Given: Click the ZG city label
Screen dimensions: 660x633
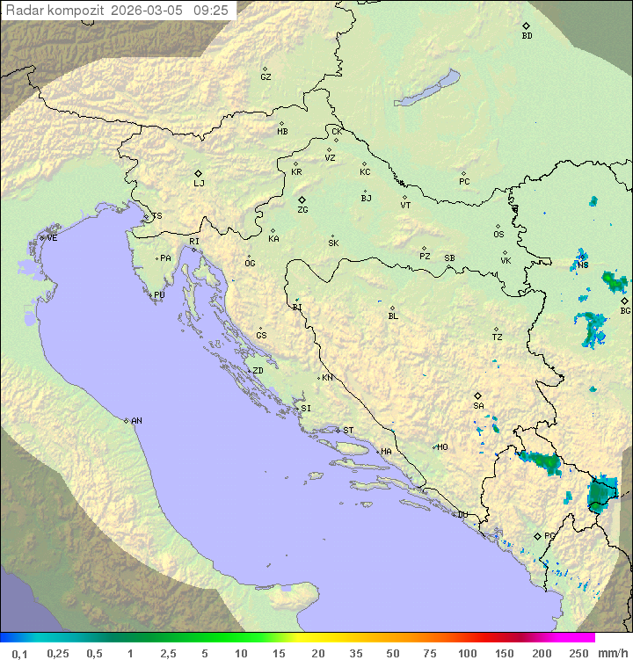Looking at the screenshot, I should [x=302, y=210].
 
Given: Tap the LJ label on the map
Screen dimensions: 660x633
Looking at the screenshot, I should [x=199, y=183].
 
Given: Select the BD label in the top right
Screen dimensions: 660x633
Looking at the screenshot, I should [x=527, y=36].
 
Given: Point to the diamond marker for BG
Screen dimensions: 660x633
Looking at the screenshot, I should [x=624, y=301].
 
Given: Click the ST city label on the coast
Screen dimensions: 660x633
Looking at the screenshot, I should [x=348, y=431].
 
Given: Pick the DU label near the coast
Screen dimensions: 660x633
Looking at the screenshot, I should [x=462, y=515].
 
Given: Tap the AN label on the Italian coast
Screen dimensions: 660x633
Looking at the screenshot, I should [x=136, y=421].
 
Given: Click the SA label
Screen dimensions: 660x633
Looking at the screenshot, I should [x=478, y=405].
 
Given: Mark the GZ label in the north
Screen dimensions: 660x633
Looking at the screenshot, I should [x=266, y=77].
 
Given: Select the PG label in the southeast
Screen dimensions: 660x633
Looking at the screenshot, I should [x=549, y=535].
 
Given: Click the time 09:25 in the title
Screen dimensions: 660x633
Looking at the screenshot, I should [x=211, y=11].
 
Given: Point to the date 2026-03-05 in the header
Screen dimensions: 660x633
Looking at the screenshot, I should [x=149, y=11].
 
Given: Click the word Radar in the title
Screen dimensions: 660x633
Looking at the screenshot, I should [x=24, y=11].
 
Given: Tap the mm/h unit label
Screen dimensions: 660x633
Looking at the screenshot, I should [x=614, y=653].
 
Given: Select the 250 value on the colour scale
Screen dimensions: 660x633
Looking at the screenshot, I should [x=578, y=653].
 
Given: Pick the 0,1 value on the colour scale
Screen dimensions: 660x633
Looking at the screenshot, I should [x=19, y=653].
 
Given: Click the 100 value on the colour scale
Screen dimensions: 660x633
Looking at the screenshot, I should [x=467, y=653].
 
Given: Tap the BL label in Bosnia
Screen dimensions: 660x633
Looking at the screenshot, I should [x=393, y=315].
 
